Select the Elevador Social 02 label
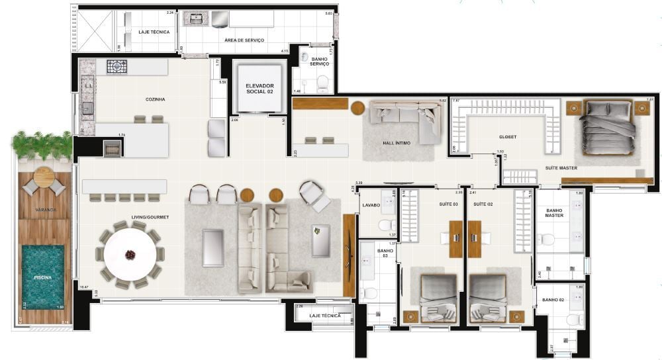tap(259, 89)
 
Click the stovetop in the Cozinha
tap(117, 66)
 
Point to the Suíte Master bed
tap(603, 128)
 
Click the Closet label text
tap(508, 138)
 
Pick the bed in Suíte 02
tap(489, 298)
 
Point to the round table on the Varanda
tap(44, 177)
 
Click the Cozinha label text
tap(155, 99)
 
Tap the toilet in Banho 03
tap(370, 292)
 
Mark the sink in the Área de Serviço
tap(196, 19)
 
